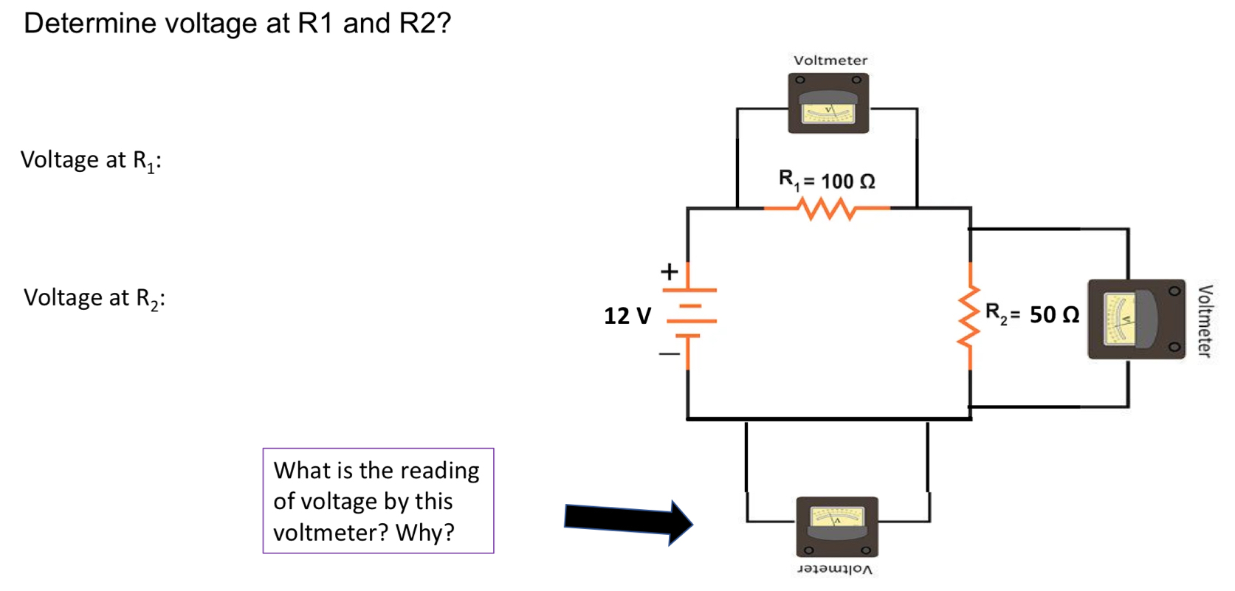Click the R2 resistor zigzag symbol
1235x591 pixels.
(x=970, y=316)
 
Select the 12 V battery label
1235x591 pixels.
(x=627, y=316)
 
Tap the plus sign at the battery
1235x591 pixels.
(x=669, y=272)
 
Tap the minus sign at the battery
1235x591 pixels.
(x=669, y=354)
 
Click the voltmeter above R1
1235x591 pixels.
(x=828, y=103)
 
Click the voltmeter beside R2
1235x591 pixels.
(x=1136, y=319)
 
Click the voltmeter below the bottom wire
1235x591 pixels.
(x=837, y=527)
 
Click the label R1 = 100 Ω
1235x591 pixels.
(x=827, y=181)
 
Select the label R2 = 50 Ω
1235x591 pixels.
(x=1032, y=315)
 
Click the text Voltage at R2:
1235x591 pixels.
(x=94, y=298)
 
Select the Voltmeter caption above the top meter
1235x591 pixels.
(x=830, y=61)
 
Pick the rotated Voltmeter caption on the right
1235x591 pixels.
(x=1204, y=320)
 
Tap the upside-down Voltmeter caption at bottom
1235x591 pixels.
(x=835, y=570)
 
